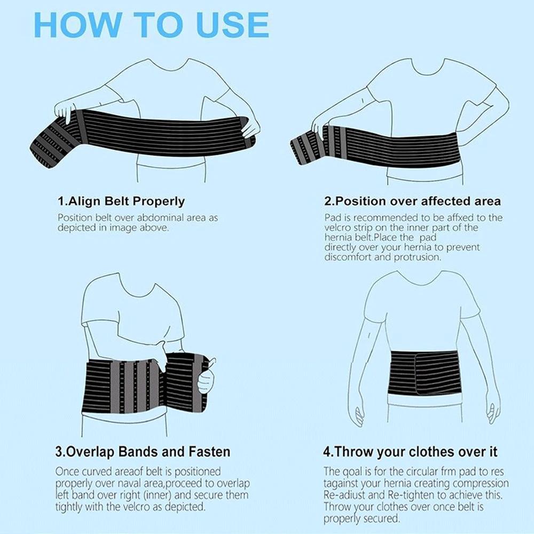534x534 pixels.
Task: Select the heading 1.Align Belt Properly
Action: pyautogui.click(x=121, y=201)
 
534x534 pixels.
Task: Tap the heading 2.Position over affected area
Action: pyautogui.click(x=412, y=201)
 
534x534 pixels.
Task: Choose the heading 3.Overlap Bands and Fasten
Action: pyautogui.click(x=143, y=452)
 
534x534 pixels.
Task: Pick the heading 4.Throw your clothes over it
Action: pyautogui.click(x=410, y=452)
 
